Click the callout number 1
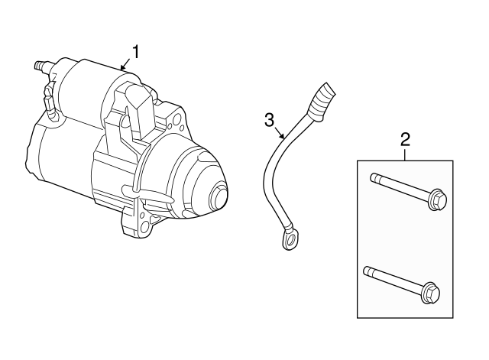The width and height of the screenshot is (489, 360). [x=136, y=51]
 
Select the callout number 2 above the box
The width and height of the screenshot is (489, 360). [x=405, y=138]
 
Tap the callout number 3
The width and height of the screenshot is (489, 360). [x=269, y=119]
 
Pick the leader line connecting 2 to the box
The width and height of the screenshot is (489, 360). [x=405, y=154]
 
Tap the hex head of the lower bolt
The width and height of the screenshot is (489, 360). [x=430, y=293]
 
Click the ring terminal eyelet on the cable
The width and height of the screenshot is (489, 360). [x=290, y=241]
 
